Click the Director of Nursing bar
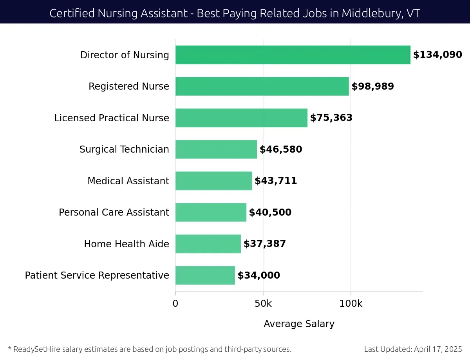point(293,55)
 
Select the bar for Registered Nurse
point(262,86)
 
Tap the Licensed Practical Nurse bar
point(241,118)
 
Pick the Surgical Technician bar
point(216,149)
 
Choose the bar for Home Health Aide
point(208,244)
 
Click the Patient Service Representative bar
point(205,275)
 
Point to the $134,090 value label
point(437,55)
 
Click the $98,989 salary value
point(372,86)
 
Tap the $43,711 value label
point(276,181)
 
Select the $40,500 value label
point(270,212)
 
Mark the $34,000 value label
point(259,275)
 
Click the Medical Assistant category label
point(128,181)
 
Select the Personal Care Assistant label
point(114,212)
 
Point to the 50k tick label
point(263,304)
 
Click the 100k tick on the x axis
point(351,304)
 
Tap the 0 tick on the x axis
point(175,304)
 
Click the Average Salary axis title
point(299,324)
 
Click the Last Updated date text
point(413,349)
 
